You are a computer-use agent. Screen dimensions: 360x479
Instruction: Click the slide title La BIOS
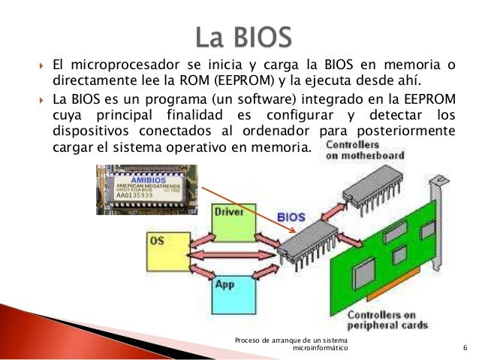click(239, 38)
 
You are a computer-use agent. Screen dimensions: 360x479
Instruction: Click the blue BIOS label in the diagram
click(291, 217)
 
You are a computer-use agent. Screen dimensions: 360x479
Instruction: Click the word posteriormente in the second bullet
click(410, 130)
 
